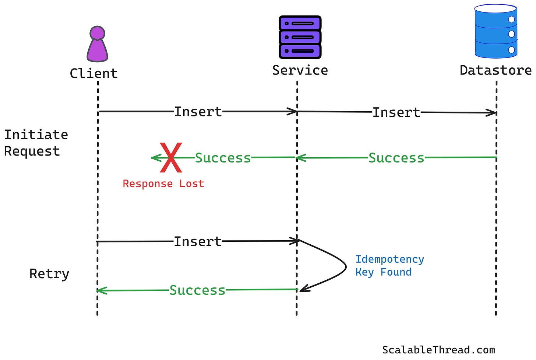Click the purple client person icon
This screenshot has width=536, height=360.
[97, 44]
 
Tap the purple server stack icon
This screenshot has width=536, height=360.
[300, 37]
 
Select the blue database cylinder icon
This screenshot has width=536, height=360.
[496, 31]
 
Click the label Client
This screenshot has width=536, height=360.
[94, 73]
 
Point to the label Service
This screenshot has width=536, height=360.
[300, 70]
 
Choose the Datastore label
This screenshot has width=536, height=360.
[496, 70]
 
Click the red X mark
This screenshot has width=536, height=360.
[171, 158]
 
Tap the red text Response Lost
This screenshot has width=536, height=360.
[163, 184]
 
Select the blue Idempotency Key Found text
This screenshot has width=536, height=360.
[389, 266]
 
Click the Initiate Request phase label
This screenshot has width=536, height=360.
[36, 143]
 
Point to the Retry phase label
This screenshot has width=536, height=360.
[49, 274]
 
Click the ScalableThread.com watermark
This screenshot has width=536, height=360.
[438, 350]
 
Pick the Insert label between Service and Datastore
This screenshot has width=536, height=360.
[396, 112]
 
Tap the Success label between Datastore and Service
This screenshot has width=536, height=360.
[396, 158]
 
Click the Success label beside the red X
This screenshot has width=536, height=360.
[223, 158]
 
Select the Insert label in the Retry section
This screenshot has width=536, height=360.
[198, 242]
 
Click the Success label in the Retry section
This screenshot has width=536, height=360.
[197, 290]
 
